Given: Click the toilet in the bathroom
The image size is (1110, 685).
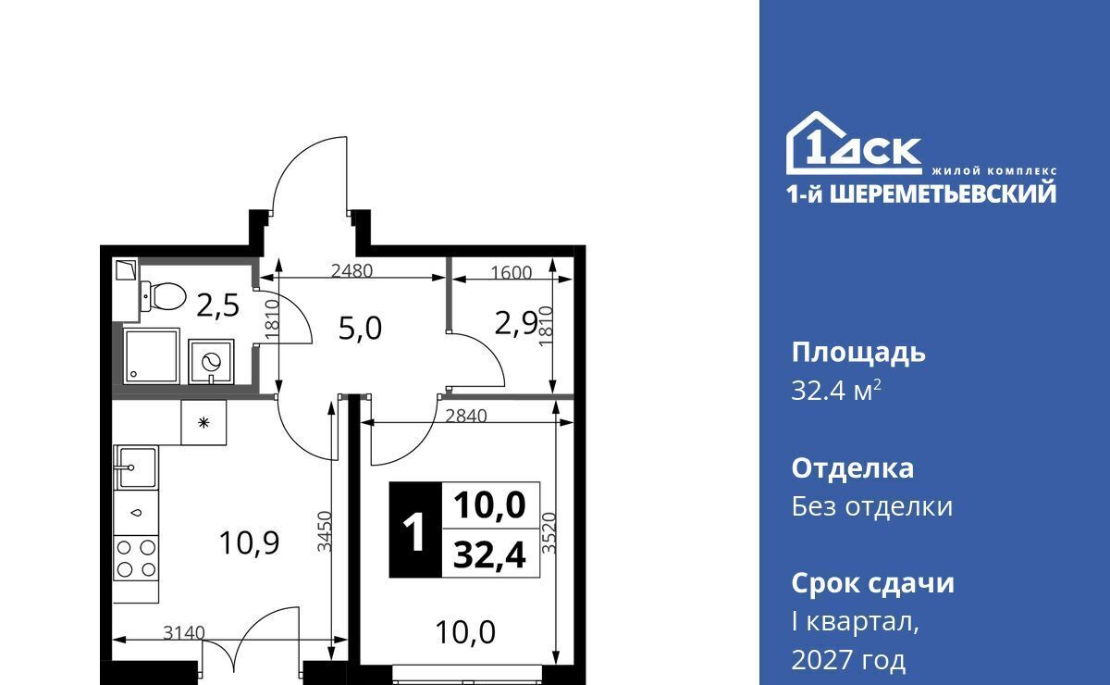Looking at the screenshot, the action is coord(163,296).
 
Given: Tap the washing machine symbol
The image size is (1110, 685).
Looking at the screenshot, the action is coord(211,362).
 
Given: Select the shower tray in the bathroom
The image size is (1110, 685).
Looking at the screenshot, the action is coord(151,355).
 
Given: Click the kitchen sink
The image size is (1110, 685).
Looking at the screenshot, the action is coord(136,467).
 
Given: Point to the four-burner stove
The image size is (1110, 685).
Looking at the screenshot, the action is coord(136,558).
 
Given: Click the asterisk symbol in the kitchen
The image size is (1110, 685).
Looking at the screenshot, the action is coord(203,423).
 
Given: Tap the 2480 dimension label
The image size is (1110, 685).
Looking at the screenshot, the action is coord(351,271).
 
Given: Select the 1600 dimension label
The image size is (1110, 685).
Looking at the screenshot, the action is coord(511,273).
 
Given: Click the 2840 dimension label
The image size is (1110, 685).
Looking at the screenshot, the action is coord(466,416).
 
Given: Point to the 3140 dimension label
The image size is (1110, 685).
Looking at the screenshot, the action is coord(184,633).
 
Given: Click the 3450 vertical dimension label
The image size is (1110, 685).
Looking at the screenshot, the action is coord(325,531).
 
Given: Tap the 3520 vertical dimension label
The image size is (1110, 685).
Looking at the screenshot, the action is coord(549,533).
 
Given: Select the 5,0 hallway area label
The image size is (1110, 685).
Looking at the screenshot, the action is coord(360,329).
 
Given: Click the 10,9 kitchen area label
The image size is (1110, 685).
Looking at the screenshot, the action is coord(249,542).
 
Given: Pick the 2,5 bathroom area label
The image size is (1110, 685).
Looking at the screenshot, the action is coord(218,305).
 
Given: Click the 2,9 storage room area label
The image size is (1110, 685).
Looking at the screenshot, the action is coord(516,324).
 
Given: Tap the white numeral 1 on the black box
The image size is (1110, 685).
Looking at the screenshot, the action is coord(414,531).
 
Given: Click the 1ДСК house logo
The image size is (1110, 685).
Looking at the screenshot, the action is coord(854,143).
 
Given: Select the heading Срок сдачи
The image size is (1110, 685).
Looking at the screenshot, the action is coord(872,584).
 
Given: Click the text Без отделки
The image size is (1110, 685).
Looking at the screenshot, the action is coord(872,506).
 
